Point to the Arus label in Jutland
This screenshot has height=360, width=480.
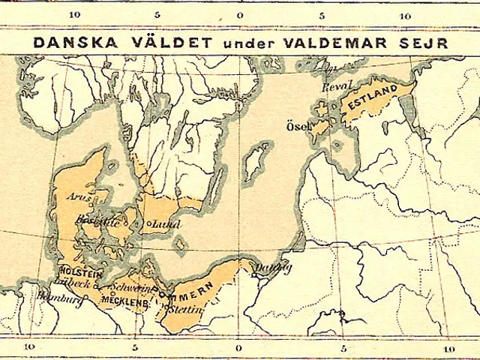point(79,197)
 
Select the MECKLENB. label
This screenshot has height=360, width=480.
point(121,301)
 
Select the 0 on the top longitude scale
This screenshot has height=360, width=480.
point(239,15)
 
